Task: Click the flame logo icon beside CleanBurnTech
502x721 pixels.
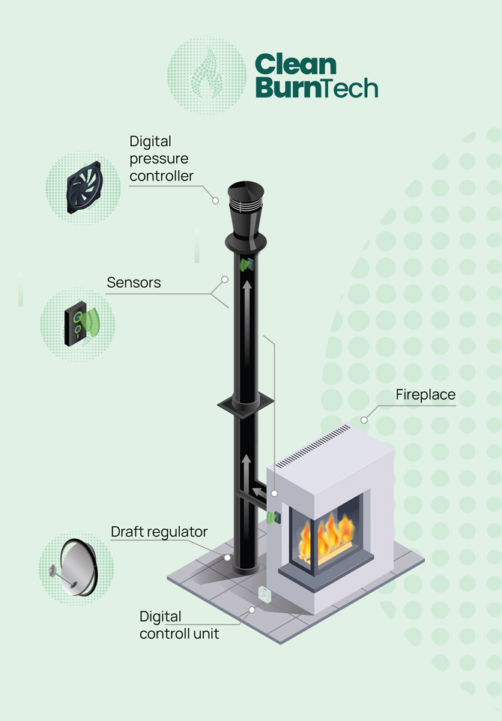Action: [x=206, y=76]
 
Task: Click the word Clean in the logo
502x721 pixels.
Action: [x=296, y=63]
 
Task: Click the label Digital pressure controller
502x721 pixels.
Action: [x=160, y=159]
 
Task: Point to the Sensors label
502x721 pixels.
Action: [x=133, y=283]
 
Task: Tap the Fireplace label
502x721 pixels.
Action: [x=425, y=395]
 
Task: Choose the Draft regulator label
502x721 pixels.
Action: [x=159, y=532]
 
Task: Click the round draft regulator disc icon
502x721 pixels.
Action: [x=75, y=568]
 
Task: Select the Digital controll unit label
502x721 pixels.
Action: [x=179, y=625]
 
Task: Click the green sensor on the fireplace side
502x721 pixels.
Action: [x=272, y=517]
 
